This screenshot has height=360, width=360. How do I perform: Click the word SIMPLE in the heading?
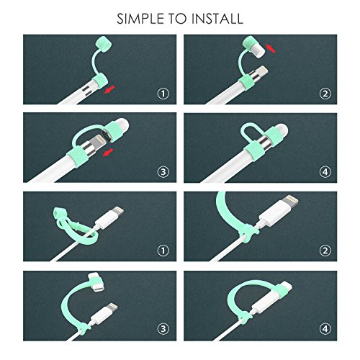(x=140, y=19)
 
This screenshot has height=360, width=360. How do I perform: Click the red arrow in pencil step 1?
(x=109, y=89)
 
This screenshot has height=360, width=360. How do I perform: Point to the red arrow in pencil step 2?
(x=271, y=48)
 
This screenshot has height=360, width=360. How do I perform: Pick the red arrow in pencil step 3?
(x=108, y=152)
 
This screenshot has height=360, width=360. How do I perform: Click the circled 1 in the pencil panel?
(x=163, y=94)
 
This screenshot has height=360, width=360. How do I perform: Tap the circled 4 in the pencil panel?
(x=325, y=172)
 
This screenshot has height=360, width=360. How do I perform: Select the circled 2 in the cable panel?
(x=325, y=251)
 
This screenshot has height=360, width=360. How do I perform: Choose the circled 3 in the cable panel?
(x=163, y=328)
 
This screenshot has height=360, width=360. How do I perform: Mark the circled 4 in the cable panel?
(x=325, y=328)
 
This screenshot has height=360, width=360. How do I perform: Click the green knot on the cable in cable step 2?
(x=249, y=233)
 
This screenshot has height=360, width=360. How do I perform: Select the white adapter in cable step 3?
(x=96, y=283)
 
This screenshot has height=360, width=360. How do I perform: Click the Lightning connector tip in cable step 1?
(x=119, y=210)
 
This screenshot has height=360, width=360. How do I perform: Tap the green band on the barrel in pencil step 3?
(x=78, y=157)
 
